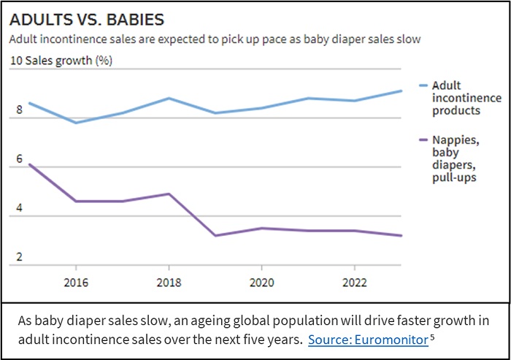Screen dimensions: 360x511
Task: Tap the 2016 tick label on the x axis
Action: tap(76, 282)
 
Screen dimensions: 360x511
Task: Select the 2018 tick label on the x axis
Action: tap(169, 282)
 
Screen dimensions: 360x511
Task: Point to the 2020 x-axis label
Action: tap(262, 282)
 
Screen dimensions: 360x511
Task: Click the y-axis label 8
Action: tap(20, 110)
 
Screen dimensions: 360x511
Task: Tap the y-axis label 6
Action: tap(20, 159)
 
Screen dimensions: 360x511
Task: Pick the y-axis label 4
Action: tap(20, 209)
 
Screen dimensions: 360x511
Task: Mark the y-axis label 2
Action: tap(20, 258)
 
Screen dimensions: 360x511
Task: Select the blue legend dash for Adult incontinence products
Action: tap(423, 86)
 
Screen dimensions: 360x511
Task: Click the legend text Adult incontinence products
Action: tap(466, 98)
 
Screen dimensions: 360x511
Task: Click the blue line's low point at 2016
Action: tap(76, 123)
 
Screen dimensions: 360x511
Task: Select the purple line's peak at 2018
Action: tap(169, 194)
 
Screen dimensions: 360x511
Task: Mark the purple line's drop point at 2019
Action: tap(215, 235)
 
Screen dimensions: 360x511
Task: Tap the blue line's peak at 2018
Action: tap(169, 98)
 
